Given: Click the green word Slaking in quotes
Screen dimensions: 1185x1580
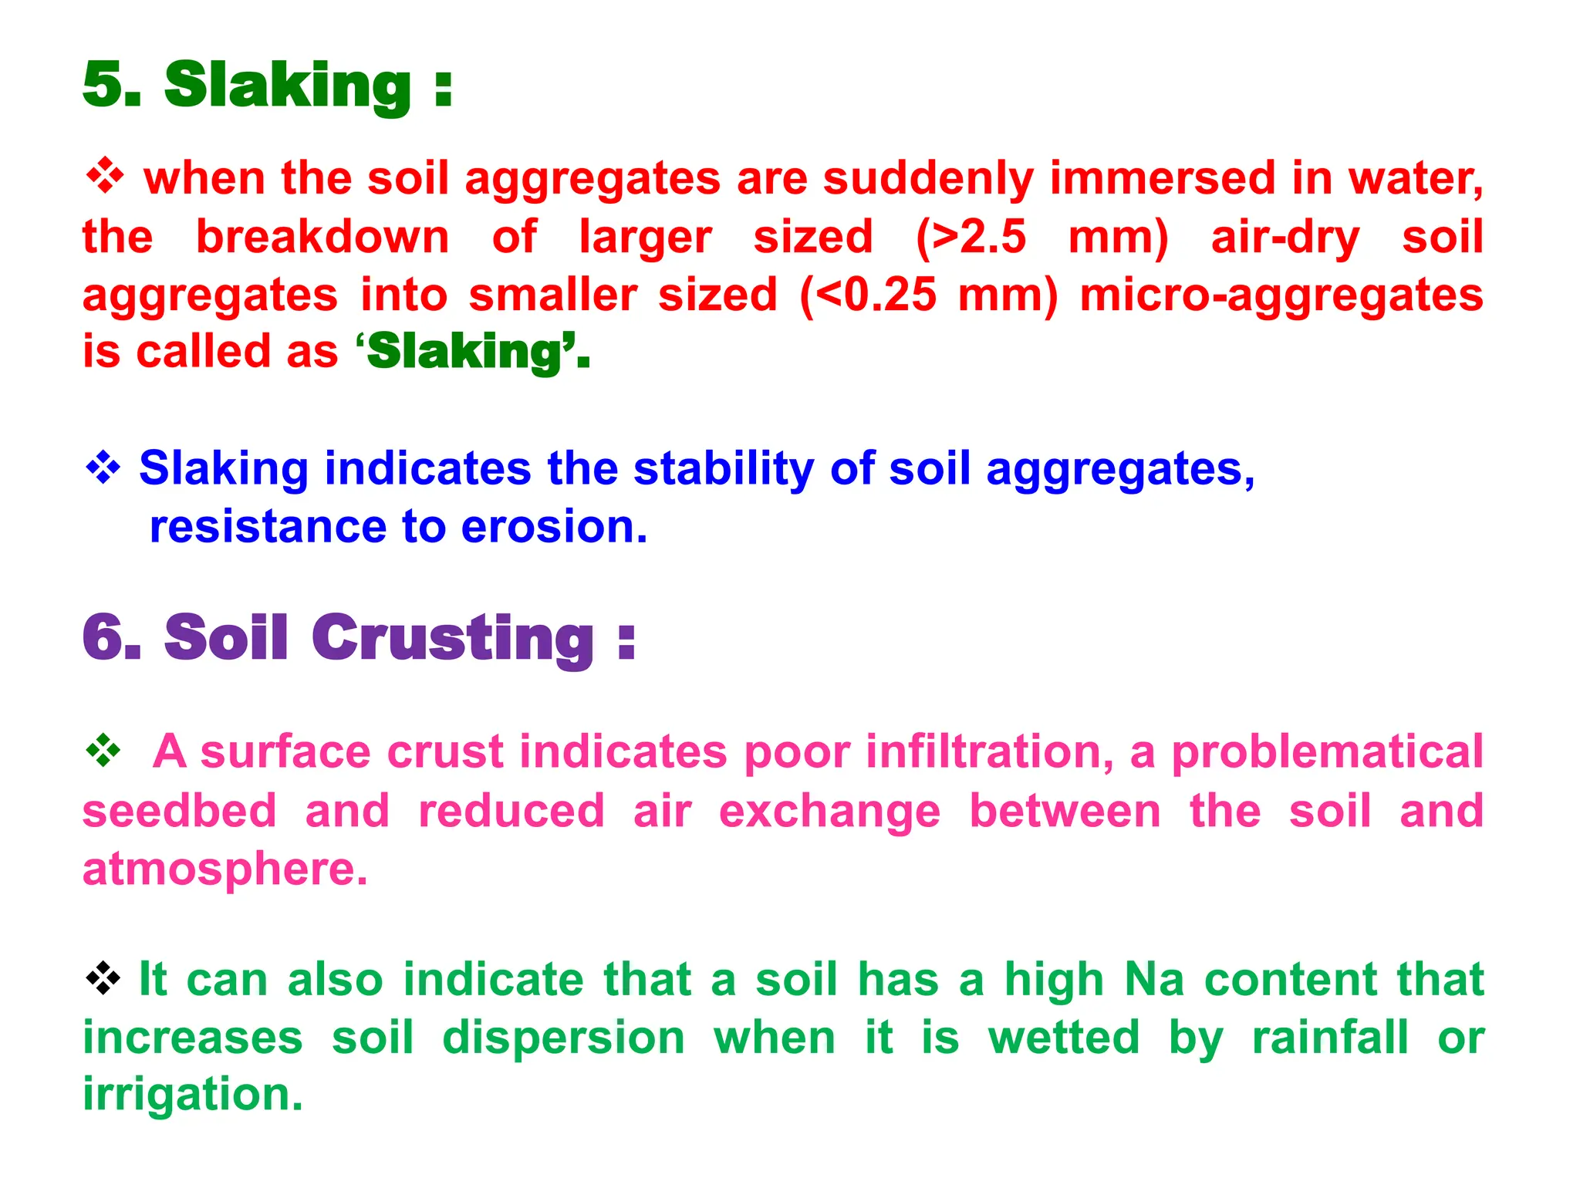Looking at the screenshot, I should (465, 353).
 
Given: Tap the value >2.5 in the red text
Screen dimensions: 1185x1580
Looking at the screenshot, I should (979, 237).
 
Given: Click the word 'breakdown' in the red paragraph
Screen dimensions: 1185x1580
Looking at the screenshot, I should (322, 237).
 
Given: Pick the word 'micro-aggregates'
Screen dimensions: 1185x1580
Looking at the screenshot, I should (1281, 295).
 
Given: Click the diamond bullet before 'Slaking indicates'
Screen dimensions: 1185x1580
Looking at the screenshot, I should (103, 468).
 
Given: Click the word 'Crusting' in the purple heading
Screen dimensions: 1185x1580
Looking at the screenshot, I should (453, 638).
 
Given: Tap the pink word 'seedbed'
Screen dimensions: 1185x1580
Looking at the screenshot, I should (179, 811).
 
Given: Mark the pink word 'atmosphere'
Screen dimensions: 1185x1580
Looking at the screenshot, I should (224, 869).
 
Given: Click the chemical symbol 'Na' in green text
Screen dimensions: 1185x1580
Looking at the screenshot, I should (1154, 980).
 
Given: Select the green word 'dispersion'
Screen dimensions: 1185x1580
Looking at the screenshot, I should (563, 1038).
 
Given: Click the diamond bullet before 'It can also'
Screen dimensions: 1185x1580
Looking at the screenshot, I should (103, 979).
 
